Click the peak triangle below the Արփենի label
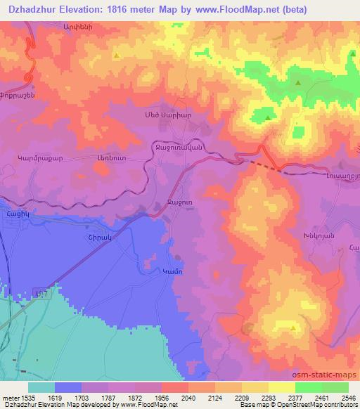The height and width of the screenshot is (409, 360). (x=117, y=55)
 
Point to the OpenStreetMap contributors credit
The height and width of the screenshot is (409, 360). (x=313, y=405)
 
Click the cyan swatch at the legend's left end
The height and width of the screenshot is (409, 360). (x=41, y=387)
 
